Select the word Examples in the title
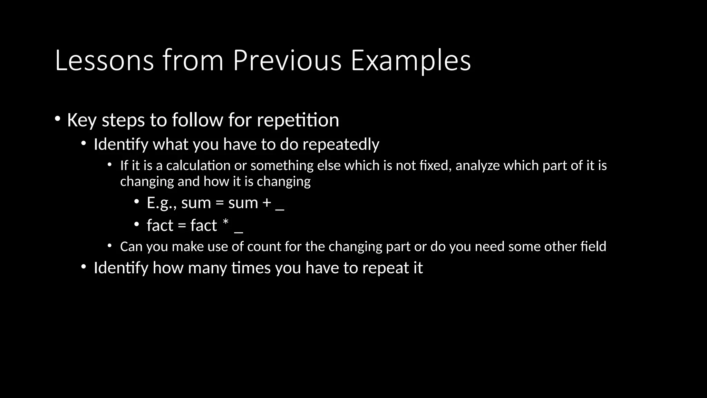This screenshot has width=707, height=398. click(410, 61)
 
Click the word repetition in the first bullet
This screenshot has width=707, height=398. click(298, 120)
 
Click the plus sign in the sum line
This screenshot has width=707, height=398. click(267, 203)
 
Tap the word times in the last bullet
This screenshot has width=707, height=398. click(251, 268)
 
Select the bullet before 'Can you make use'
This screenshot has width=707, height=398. click(109, 246)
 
